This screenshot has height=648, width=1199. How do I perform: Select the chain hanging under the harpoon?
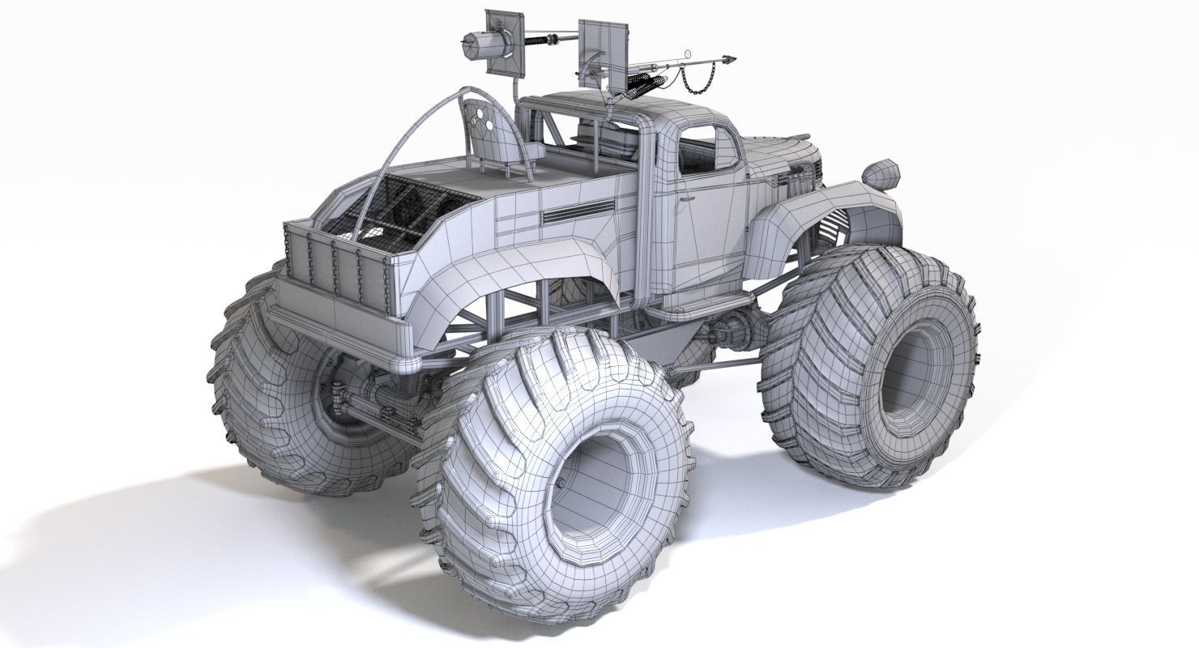click(689, 79)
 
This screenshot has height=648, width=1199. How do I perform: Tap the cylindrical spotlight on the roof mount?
click(475, 44)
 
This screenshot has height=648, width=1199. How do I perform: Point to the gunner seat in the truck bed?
click(494, 134)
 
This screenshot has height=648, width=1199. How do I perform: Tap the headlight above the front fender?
click(881, 173)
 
